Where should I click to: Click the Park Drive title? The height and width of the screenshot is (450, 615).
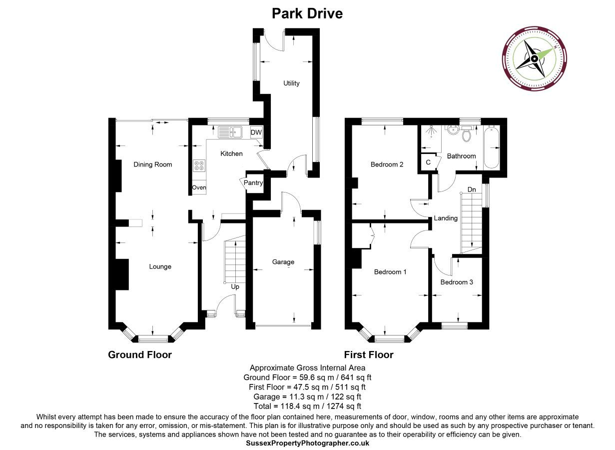tap(307, 13)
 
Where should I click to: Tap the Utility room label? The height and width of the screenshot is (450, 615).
tap(291, 83)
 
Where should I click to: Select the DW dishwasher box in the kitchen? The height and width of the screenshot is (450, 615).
tap(256, 132)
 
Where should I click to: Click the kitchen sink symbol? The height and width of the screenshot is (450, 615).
tap(230, 132)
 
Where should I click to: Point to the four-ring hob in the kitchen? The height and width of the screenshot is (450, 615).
tap(199, 165)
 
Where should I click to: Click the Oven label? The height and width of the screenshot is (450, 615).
tap(199, 187)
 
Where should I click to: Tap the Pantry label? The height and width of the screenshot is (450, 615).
tap(253, 182)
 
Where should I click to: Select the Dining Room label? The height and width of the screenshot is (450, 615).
tap(153, 164)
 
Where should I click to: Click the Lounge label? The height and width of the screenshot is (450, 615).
tap(160, 266)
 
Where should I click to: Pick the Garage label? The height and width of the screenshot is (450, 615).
tap(283, 262)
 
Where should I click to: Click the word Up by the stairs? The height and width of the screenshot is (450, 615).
tap(235, 286)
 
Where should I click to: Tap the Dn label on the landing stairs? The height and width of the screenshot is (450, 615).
tap(472, 189)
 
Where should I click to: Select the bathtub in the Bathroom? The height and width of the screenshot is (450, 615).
tap(492, 147)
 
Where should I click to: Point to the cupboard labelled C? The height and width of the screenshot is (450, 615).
tap(429, 162)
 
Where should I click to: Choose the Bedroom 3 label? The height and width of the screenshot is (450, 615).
tap(457, 282)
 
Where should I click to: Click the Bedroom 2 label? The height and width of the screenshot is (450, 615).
tap(387, 164)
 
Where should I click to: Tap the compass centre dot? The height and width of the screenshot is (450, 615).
tap(534, 58)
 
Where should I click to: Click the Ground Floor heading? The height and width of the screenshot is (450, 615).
tap(140, 354)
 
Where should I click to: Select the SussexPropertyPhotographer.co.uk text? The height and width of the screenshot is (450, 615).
tap(308, 443)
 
